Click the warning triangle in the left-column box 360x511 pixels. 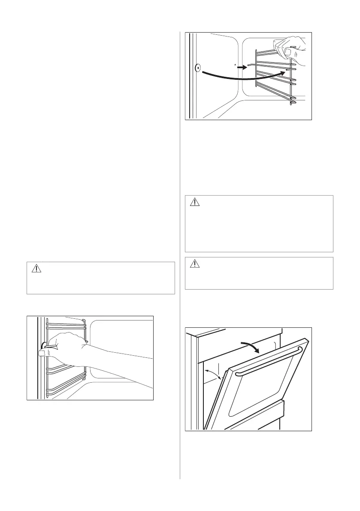(36, 269)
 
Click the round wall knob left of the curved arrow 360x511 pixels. (198, 68)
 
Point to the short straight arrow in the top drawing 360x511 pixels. (242, 67)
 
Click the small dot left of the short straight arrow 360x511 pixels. (235, 64)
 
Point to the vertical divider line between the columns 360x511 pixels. (180, 257)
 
